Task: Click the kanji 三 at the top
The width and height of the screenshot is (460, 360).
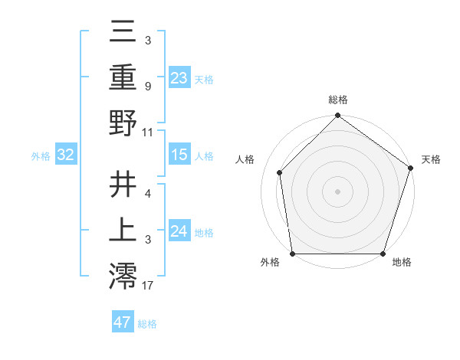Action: [x=123, y=32]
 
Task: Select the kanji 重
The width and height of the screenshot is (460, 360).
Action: [x=123, y=77]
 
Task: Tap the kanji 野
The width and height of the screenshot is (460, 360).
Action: [x=123, y=123]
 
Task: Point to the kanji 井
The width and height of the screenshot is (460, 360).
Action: [x=123, y=184]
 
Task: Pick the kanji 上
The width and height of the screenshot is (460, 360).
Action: [x=123, y=229]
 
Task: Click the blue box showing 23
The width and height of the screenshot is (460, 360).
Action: [x=179, y=77]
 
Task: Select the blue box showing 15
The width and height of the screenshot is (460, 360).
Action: [x=179, y=155]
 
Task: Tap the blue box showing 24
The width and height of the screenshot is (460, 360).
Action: [x=179, y=231]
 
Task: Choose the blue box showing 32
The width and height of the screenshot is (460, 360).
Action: [x=65, y=155]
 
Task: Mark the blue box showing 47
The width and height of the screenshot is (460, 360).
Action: [x=122, y=322]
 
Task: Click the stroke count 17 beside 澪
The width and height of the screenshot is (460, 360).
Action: [x=149, y=286]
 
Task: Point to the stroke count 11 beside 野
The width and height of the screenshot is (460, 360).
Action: [x=148, y=132]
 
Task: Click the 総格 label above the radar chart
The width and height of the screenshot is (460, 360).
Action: [x=337, y=100]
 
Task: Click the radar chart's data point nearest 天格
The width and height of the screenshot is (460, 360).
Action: [x=411, y=169]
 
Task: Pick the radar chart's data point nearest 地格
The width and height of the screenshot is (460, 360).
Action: [x=383, y=254]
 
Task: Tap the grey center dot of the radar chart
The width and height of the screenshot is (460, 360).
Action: [x=337, y=191]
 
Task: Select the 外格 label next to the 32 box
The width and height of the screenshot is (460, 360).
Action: [x=41, y=155]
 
